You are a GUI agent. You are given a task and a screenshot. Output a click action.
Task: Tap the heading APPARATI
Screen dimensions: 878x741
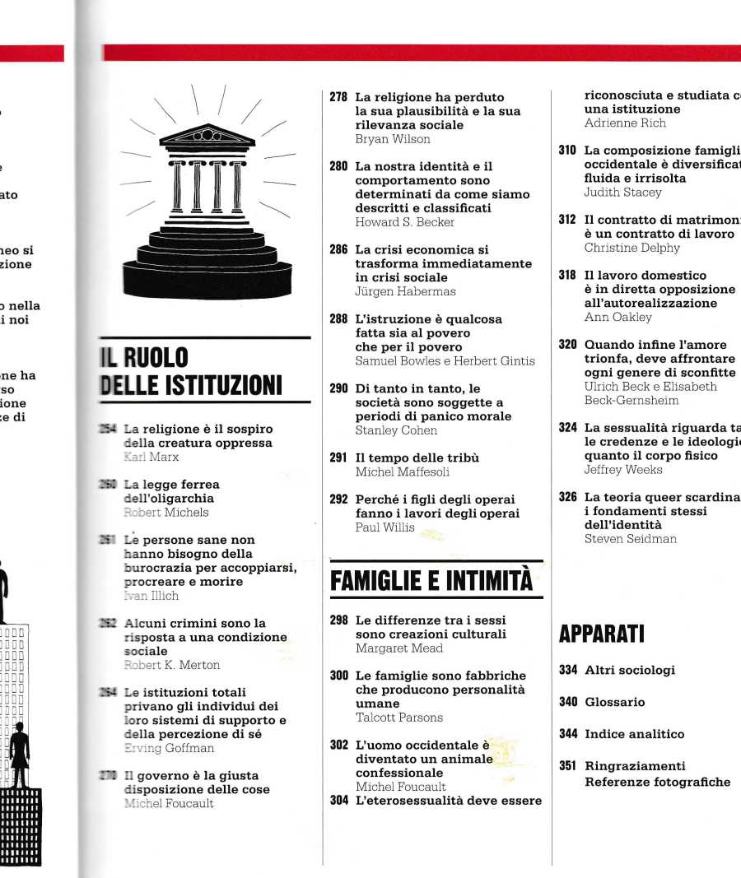[x=601, y=634]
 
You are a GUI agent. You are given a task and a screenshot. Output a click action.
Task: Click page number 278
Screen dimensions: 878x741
[x=338, y=97]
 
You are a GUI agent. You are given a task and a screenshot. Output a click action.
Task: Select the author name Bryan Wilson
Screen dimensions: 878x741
[x=392, y=139]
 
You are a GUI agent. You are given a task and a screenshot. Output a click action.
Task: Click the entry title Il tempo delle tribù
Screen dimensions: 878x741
[x=417, y=458]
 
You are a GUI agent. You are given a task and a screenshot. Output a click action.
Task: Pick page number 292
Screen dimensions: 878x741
[x=338, y=499]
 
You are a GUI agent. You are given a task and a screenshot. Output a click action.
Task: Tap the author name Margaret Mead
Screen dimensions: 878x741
[x=398, y=648]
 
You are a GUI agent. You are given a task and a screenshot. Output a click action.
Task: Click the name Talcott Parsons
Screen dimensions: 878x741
[x=398, y=718]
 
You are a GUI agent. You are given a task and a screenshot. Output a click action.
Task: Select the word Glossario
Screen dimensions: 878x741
[x=614, y=702]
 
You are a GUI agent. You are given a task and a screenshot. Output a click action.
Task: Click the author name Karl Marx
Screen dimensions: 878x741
[x=151, y=457]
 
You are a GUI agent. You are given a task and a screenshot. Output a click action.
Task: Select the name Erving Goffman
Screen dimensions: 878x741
[x=168, y=748]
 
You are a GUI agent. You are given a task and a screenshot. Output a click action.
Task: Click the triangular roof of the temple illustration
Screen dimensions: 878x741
[x=207, y=135]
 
